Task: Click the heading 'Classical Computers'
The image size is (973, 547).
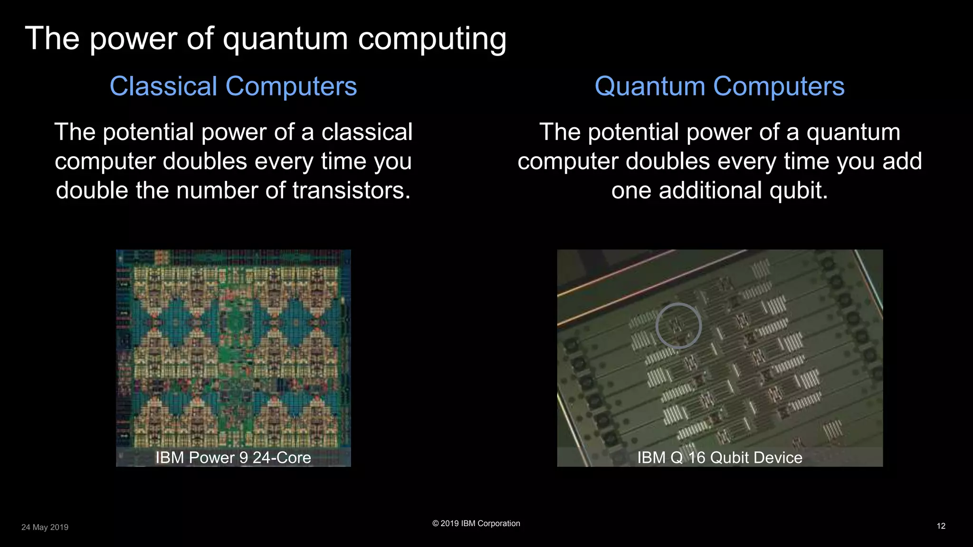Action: click(233, 86)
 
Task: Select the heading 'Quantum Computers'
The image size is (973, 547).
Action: click(719, 86)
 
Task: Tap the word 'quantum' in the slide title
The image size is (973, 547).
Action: click(286, 39)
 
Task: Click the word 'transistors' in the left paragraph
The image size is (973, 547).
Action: click(351, 190)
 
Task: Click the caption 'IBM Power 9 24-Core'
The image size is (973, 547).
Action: click(233, 458)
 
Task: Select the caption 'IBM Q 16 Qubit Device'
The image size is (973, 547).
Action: click(719, 458)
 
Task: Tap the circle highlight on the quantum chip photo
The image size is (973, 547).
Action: click(678, 326)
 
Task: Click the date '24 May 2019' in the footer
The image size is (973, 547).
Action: click(45, 527)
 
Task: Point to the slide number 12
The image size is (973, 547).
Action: click(941, 526)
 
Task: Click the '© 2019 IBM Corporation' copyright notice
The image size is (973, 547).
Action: click(476, 523)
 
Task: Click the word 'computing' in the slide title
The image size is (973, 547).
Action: click(432, 39)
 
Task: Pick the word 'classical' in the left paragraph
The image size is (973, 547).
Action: click(367, 132)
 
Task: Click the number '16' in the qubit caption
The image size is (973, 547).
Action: click(696, 458)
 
